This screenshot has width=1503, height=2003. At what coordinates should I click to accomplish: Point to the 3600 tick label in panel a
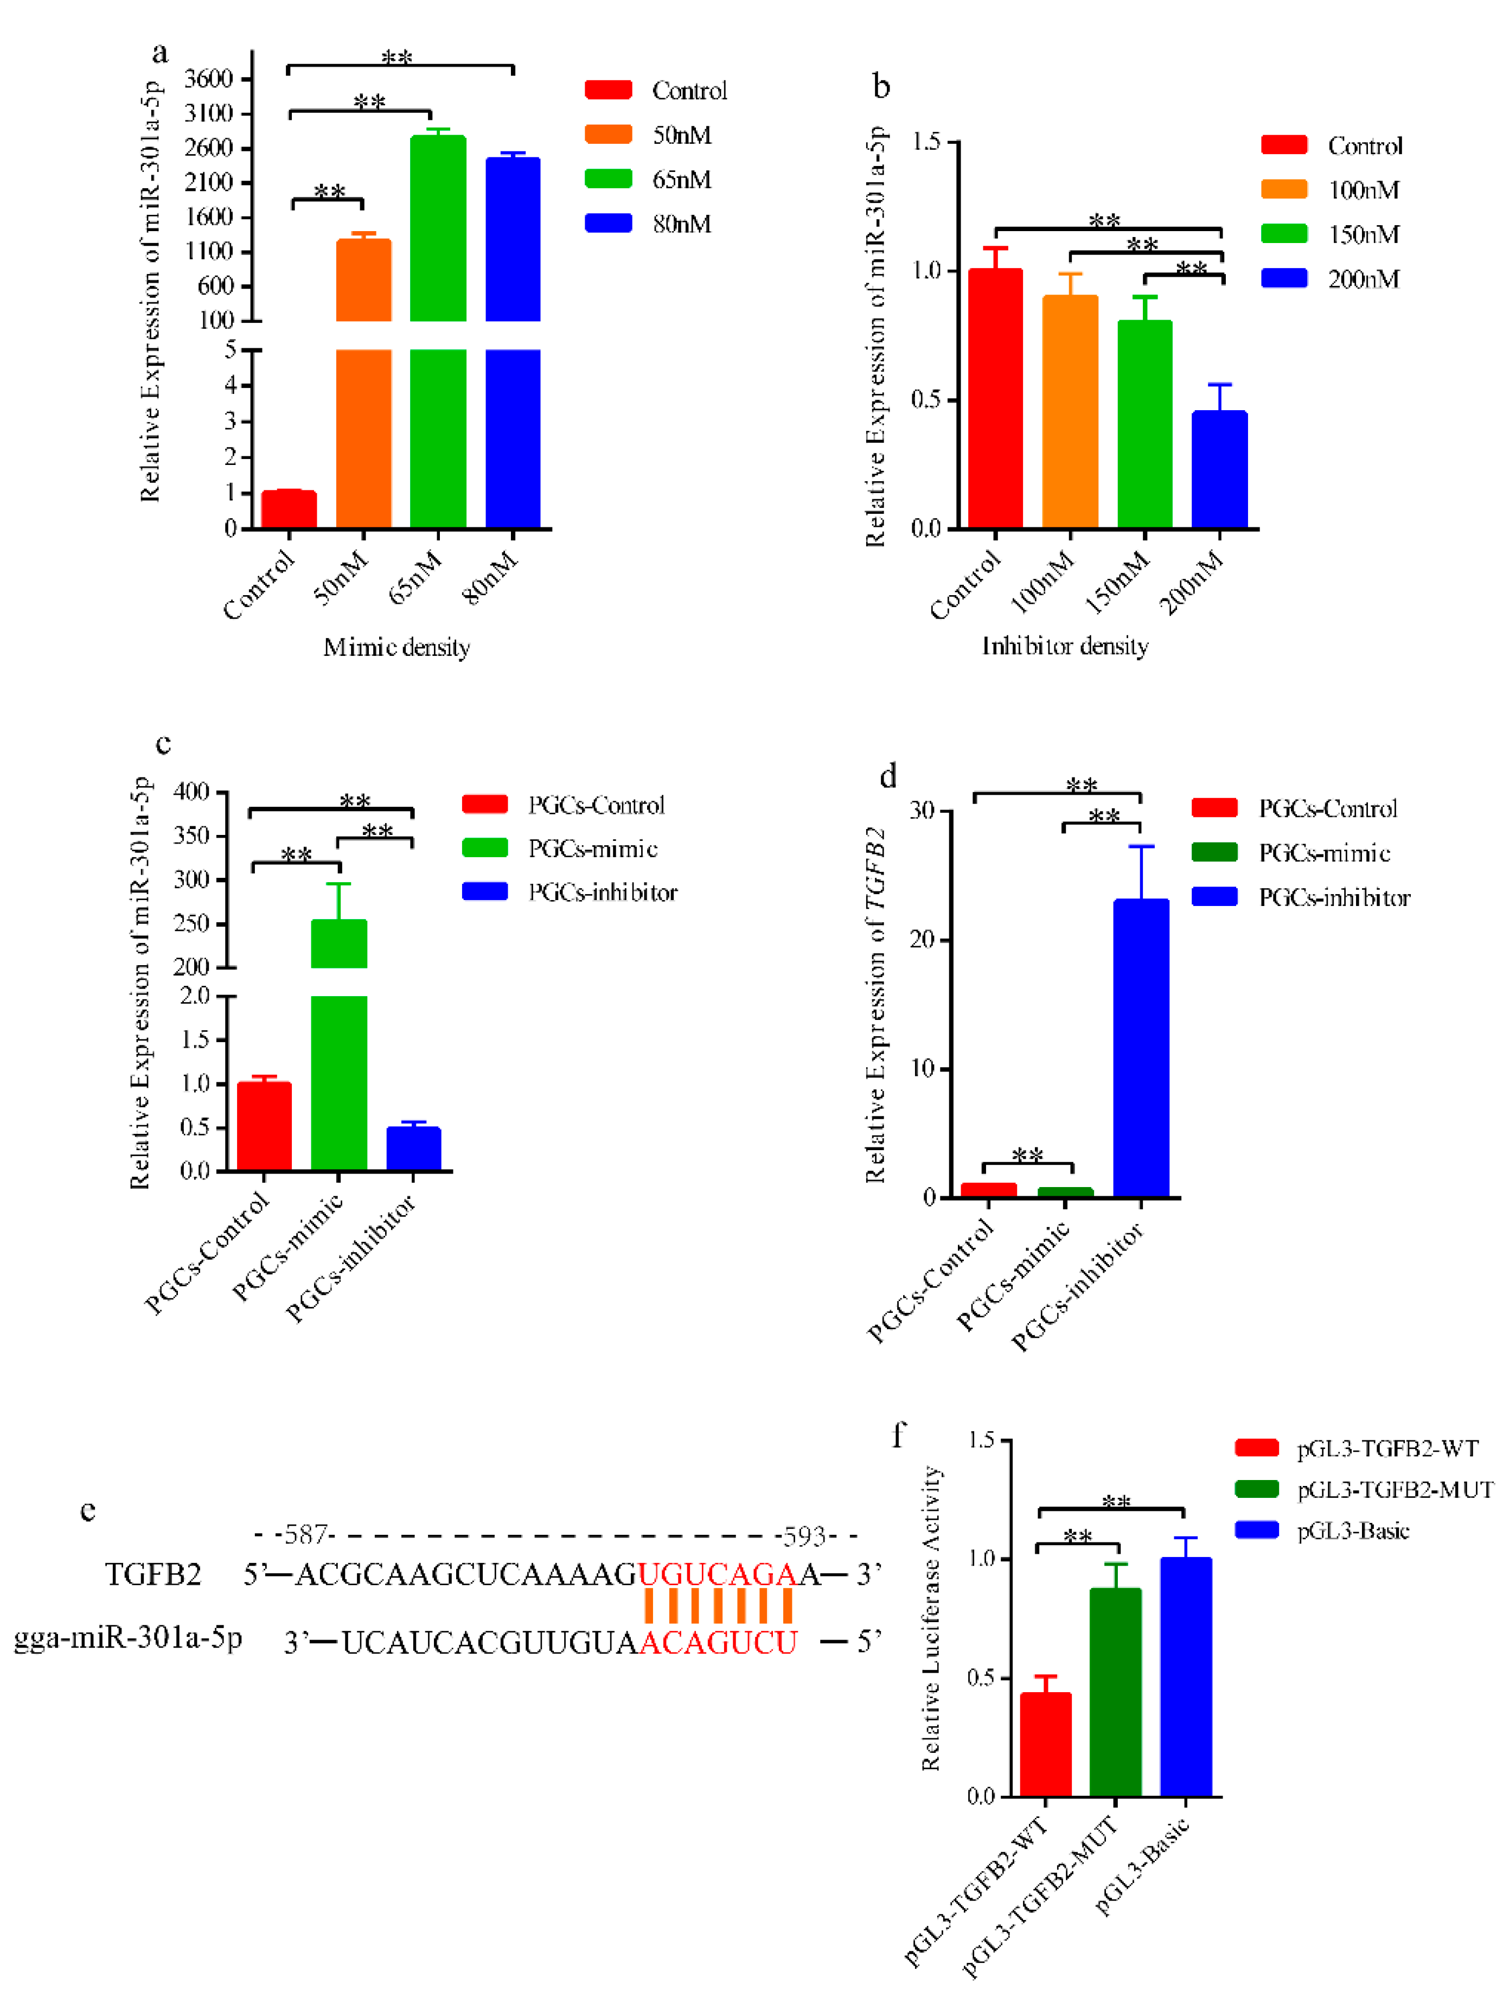click(208, 79)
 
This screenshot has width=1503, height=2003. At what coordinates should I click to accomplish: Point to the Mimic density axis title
click(396, 647)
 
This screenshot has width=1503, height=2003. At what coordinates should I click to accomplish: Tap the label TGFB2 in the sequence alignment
click(152, 1575)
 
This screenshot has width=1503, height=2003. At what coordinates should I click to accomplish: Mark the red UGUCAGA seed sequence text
click(716, 1575)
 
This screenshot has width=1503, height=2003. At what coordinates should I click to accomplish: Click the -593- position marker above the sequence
click(803, 1536)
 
